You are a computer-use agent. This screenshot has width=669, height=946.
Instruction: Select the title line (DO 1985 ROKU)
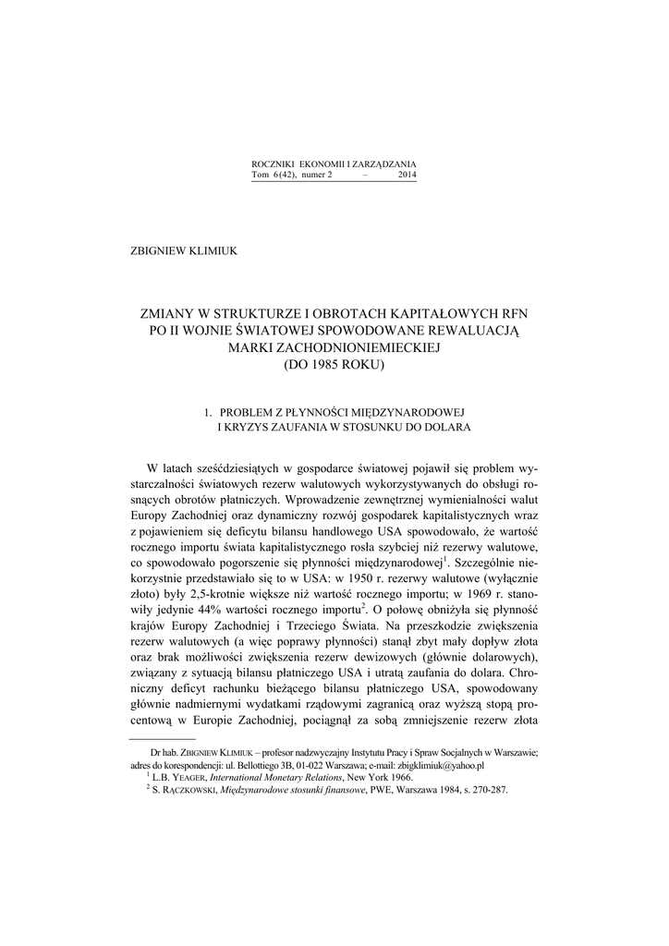[334, 364]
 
